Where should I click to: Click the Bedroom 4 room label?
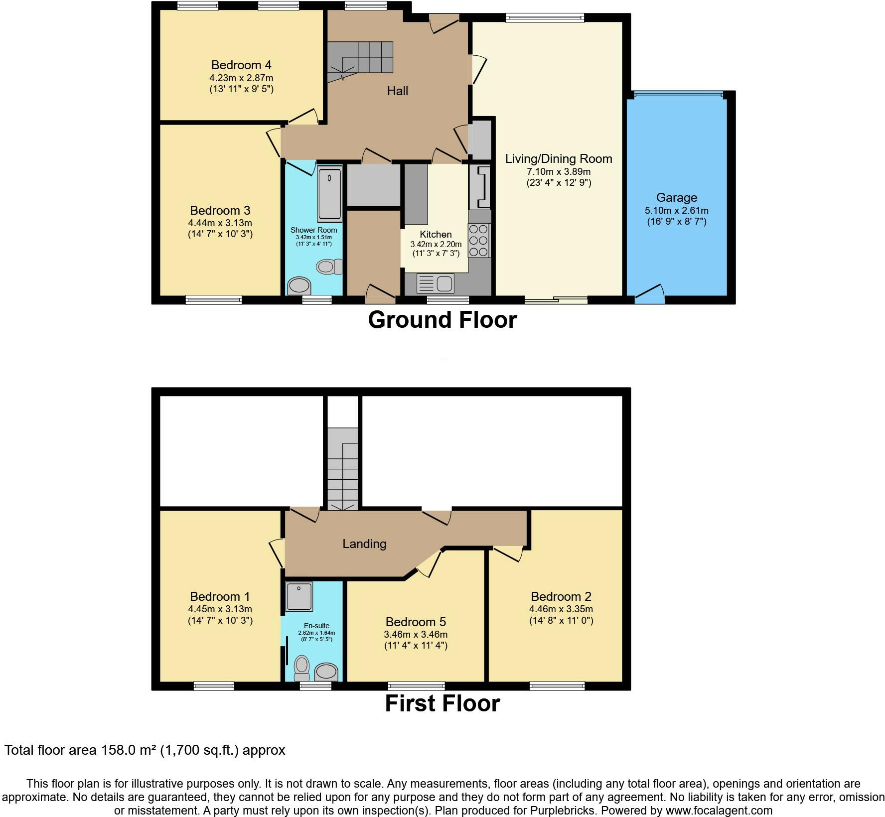click(x=241, y=65)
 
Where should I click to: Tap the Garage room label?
click(x=676, y=198)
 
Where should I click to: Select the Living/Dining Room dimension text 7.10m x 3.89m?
click(x=559, y=171)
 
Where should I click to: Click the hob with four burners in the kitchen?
click(x=479, y=241)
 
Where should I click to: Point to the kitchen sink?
click(x=436, y=284)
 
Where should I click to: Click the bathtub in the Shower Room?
click(x=329, y=194)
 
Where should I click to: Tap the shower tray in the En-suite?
click(x=299, y=597)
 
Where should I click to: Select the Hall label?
click(x=398, y=91)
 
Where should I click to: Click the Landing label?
click(x=364, y=544)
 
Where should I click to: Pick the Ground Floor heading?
click(x=442, y=320)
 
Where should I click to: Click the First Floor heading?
click(x=442, y=703)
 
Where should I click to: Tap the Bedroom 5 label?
click(x=416, y=622)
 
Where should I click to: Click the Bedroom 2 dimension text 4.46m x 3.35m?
click(x=561, y=609)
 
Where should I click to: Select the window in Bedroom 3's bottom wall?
click(x=214, y=299)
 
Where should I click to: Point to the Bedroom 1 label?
click(x=220, y=596)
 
